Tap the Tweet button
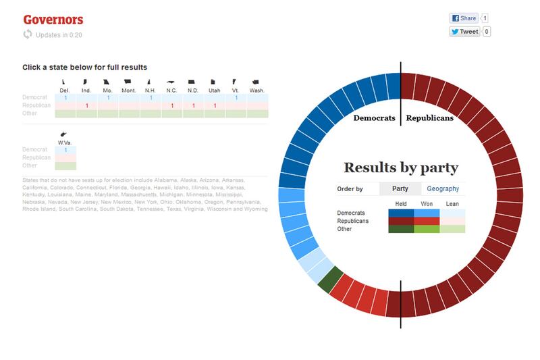click(466, 32)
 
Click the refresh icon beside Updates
click(28, 34)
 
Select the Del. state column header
click(65, 90)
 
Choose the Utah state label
click(215, 90)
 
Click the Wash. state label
click(257, 90)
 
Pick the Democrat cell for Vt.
click(236, 99)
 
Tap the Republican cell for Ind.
click(86, 106)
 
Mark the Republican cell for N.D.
click(193, 106)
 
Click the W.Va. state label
click(65, 143)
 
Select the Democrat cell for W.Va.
click(65, 150)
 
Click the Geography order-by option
click(443, 189)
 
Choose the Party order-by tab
click(400, 189)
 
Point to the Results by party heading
click(401, 168)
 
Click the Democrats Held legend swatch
click(401, 213)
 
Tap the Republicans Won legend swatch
click(427, 221)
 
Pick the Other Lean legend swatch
click(452, 229)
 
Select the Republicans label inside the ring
click(429, 119)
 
